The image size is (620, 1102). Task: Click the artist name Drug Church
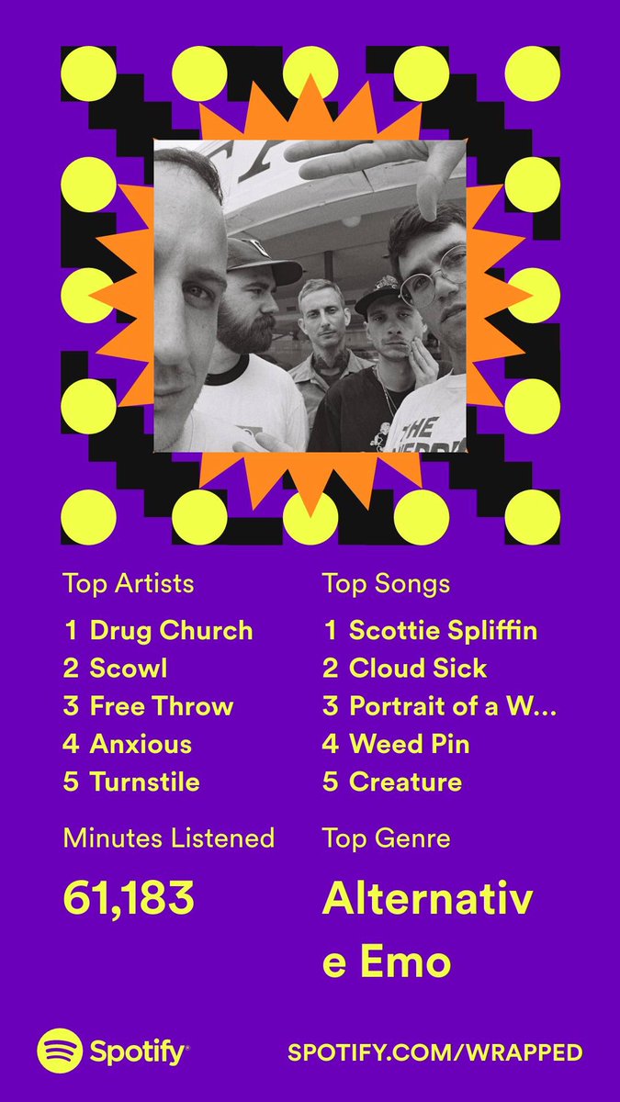point(171,631)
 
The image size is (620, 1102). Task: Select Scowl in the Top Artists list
point(129,669)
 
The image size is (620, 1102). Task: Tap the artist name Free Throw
point(162,706)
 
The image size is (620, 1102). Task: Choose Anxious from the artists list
point(141,744)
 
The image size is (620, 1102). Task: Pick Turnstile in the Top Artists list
point(145,782)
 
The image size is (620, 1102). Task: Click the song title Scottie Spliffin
point(444,631)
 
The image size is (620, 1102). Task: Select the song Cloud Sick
point(418,669)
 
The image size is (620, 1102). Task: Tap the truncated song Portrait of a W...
point(453,706)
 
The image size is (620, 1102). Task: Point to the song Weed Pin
point(409,744)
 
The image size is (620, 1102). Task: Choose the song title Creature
point(405,782)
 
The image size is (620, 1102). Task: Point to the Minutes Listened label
point(169,838)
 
